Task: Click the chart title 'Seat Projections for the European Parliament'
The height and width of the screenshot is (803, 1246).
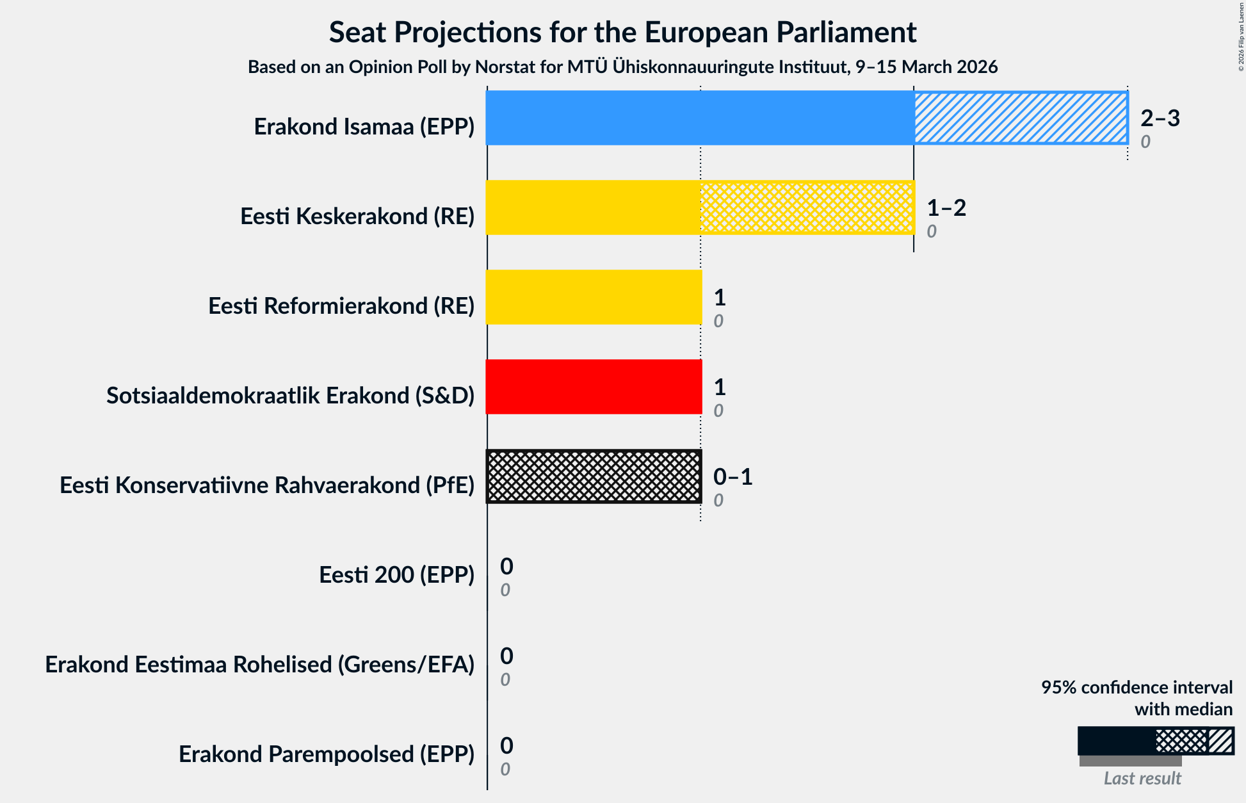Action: [622, 32]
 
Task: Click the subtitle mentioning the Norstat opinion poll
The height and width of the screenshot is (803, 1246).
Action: [622, 67]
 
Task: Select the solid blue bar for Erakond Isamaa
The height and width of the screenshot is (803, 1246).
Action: [699, 118]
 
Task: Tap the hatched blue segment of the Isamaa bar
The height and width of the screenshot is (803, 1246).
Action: [1021, 118]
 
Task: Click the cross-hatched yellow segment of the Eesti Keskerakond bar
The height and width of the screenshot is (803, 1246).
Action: [807, 207]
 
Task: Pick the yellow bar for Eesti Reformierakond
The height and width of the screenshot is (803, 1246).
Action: [594, 297]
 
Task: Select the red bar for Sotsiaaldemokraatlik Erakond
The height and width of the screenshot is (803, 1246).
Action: [594, 387]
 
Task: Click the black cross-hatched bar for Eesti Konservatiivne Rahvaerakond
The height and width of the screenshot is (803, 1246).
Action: [594, 476]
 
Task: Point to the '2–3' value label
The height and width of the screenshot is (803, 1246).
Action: [1160, 118]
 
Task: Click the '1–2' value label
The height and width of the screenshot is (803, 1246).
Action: [946, 207]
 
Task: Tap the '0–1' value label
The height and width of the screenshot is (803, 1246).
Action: [732, 476]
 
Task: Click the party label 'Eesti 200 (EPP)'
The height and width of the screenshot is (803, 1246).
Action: [396, 574]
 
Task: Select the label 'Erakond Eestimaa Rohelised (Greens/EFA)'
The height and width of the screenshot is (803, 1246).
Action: [259, 664]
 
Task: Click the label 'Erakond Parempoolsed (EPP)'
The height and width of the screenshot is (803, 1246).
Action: [327, 754]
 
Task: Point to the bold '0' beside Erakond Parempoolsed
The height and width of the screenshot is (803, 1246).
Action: [506, 745]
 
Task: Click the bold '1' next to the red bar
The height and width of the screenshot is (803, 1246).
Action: [720, 387]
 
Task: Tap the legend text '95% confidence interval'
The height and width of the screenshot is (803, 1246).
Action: [1136, 687]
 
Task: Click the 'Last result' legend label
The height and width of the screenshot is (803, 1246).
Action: [1142, 778]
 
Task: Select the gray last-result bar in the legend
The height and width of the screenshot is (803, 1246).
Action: [1130, 761]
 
